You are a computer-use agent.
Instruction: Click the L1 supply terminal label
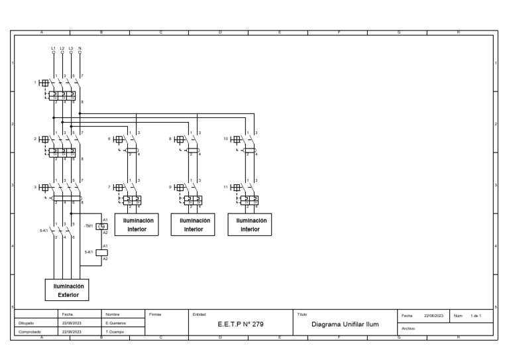pos(54,48)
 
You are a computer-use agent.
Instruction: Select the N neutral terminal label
pos(80,48)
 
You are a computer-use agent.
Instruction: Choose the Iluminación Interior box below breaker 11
pos(249,225)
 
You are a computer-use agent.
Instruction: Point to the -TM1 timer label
pos(89,226)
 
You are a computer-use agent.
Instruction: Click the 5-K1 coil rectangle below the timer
pos(102,252)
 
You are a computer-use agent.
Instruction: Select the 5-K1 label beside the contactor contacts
pos(44,231)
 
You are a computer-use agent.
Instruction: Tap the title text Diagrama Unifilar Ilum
pos(345,326)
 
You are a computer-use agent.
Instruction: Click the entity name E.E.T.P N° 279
pos(240,326)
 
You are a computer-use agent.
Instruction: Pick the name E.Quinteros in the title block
pos(115,323)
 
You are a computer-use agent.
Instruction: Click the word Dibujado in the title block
pos(26,323)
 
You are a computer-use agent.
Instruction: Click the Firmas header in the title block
pos(154,314)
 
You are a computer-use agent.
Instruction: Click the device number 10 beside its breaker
pos(226,139)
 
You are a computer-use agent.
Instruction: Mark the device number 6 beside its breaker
pos(109,139)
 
